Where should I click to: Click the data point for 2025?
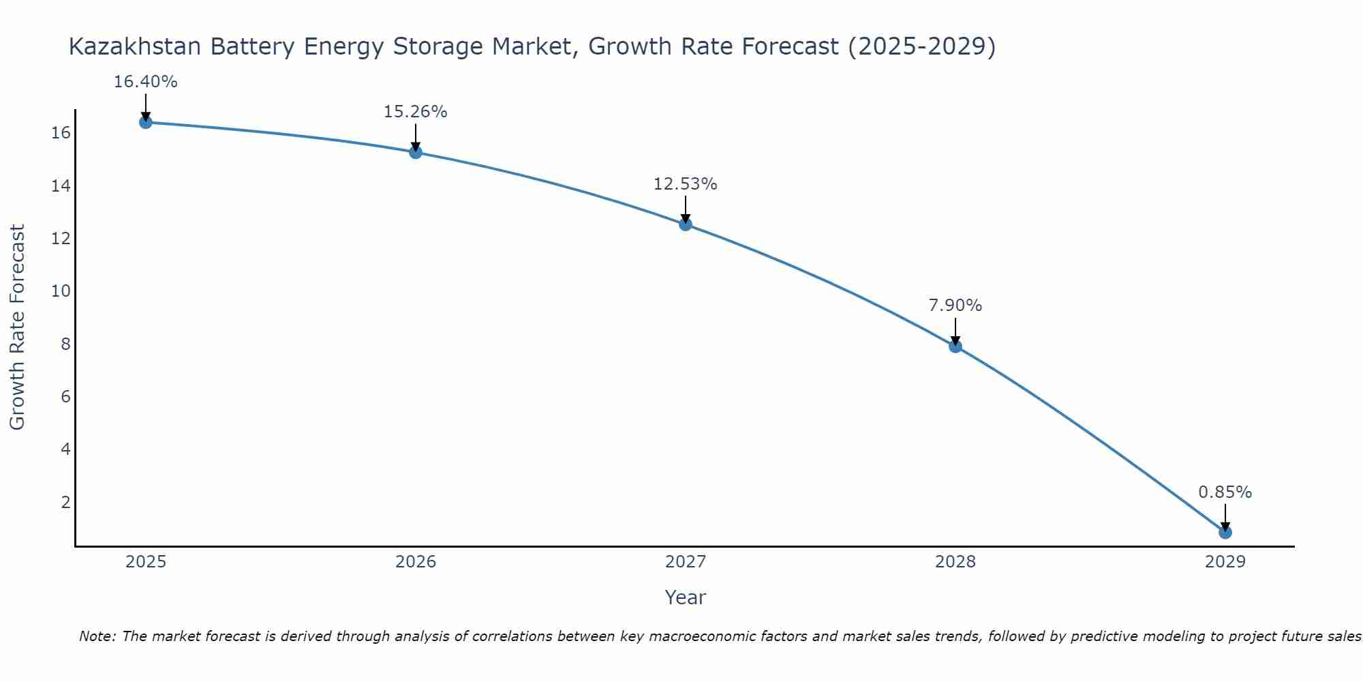coord(145,122)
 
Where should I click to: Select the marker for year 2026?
coord(416,152)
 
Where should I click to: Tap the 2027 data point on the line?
coord(686,224)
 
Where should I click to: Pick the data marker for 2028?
coord(955,346)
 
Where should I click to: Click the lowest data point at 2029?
coord(1225,532)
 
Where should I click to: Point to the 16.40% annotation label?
coord(145,83)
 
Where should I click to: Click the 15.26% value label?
coord(415,112)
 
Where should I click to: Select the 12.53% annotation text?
coord(685,184)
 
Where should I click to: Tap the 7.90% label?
coord(955,306)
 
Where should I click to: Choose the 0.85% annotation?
coord(1225,492)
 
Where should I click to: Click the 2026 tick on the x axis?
coord(416,562)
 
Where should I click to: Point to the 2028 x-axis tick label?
coord(955,562)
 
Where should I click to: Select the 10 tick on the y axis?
coord(61,291)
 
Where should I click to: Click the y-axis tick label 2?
coord(65,503)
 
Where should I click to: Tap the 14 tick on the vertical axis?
coord(61,186)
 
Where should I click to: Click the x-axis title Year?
coord(685,597)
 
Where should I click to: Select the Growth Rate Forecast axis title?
coord(17,327)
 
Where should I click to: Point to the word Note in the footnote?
coord(97,637)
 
